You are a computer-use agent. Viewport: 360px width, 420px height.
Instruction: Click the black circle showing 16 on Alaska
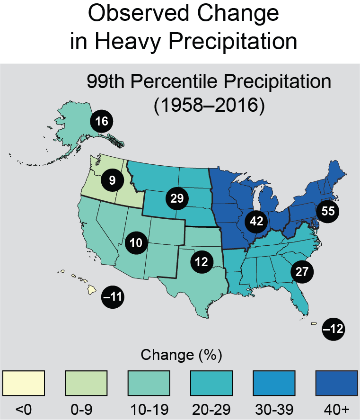(102, 121)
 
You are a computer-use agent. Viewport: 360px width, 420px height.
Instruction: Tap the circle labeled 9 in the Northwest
(113, 179)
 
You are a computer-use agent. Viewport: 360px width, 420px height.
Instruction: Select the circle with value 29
(176, 198)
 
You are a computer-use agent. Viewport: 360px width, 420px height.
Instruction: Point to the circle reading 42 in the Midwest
(257, 221)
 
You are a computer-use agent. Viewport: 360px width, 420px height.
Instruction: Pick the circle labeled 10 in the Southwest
(136, 243)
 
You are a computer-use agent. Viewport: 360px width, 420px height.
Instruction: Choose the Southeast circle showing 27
(302, 271)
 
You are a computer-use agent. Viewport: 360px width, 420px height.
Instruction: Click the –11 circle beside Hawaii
(113, 297)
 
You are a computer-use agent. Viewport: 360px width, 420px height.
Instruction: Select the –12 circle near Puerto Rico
(333, 329)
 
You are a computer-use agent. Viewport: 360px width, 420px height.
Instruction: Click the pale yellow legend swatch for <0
(24, 382)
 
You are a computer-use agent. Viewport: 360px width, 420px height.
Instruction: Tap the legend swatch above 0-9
(86, 382)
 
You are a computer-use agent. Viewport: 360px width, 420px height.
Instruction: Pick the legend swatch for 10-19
(149, 382)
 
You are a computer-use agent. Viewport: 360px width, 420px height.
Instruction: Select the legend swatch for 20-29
(211, 382)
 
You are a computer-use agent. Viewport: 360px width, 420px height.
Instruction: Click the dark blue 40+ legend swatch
(336, 382)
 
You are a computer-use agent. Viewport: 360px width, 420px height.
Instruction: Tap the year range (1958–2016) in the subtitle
(209, 104)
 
